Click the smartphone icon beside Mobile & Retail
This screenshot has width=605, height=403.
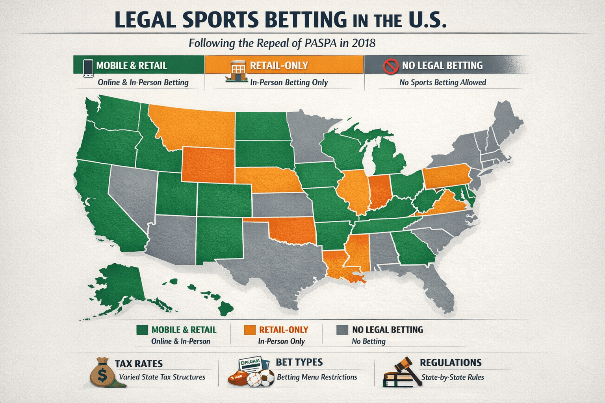click(x=88, y=68)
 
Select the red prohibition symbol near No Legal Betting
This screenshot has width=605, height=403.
click(x=391, y=66)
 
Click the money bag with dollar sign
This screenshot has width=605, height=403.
click(x=102, y=373)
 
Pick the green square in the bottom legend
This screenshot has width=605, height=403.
click(x=142, y=330)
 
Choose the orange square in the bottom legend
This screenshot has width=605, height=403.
click(x=250, y=330)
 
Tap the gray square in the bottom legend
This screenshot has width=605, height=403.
click(x=342, y=330)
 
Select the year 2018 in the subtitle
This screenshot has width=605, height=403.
click(x=364, y=43)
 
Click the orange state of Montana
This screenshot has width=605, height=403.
click(x=193, y=126)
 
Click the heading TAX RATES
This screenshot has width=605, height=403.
click(x=139, y=364)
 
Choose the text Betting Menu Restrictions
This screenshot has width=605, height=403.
click(x=317, y=377)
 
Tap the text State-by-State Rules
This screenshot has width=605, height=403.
click(x=453, y=377)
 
